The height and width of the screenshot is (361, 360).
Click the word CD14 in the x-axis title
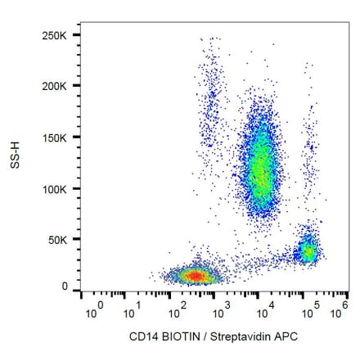point(141,336)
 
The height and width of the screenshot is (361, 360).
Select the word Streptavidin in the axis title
point(236,336)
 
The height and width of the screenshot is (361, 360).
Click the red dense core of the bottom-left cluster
point(194,276)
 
